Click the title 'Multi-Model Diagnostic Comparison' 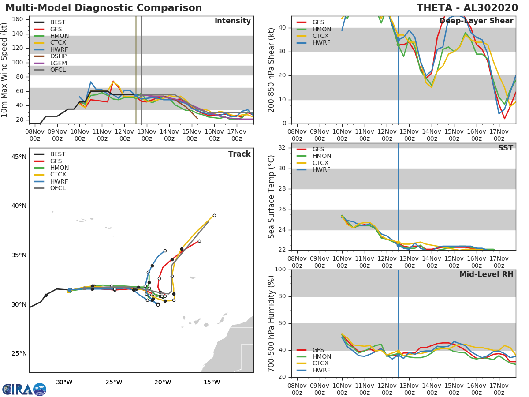104,8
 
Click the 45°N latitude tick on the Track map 19,157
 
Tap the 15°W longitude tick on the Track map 212,382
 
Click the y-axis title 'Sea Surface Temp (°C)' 272,197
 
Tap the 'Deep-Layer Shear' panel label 476,21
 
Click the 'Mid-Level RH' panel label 486,274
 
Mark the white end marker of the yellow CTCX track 214,216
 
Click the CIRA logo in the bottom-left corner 24,389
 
